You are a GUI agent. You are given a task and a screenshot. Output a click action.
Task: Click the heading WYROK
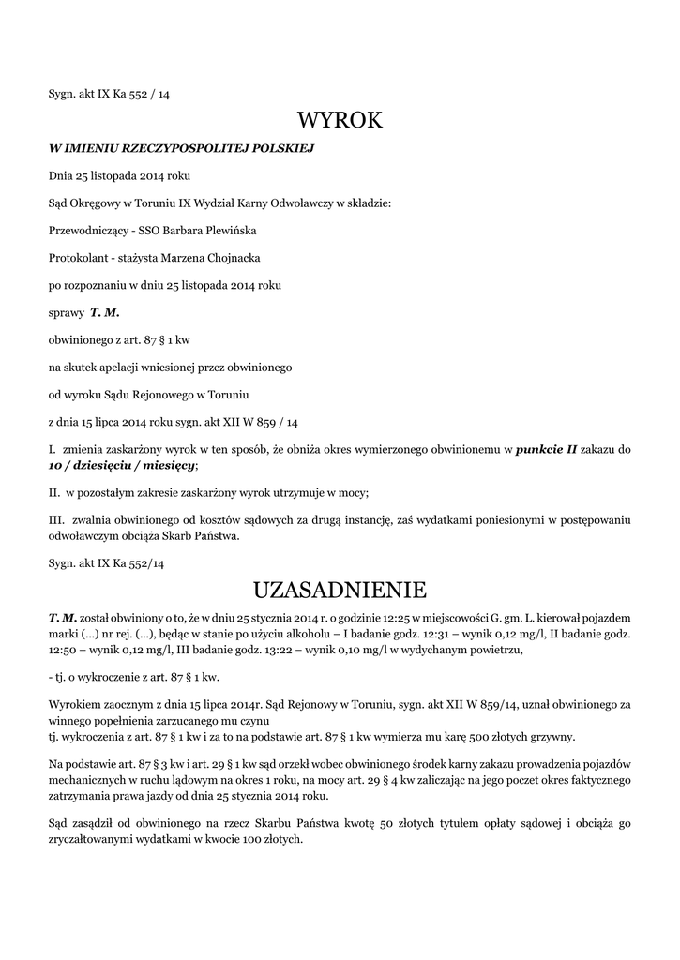tap(340, 120)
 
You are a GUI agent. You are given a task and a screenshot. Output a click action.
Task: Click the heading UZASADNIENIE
tap(340, 590)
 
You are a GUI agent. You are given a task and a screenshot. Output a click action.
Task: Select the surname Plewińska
tap(224, 230)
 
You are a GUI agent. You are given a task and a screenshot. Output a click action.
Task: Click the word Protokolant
tap(77, 257)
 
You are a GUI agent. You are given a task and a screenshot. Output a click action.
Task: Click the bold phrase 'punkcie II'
tap(547, 450)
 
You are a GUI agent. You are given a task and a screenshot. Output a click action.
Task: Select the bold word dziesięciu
tap(107, 465)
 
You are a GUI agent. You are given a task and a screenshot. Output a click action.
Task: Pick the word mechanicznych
tap(87, 780)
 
